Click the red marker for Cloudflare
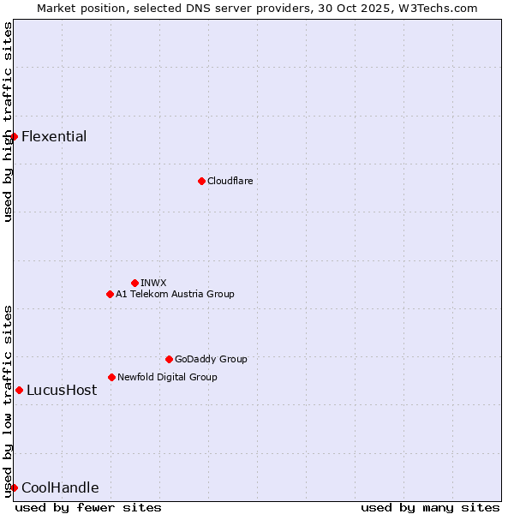point(201,181)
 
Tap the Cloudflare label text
point(230,181)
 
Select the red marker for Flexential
point(14,136)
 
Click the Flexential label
point(54,136)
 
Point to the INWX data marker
point(134,283)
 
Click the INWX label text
point(153,283)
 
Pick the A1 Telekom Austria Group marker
point(110,294)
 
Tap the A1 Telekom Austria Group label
point(175,294)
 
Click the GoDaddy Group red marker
point(169,359)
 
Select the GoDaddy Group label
point(211,359)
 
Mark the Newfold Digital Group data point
point(111,377)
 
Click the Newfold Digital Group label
point(167,377)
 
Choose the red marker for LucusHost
point(19,390)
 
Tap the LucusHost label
point(62,390)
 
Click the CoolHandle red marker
point(14,487)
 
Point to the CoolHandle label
point(60,487)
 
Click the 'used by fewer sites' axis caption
point(88,507)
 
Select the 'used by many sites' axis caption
point(430,507)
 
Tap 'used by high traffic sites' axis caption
point(8,122)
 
